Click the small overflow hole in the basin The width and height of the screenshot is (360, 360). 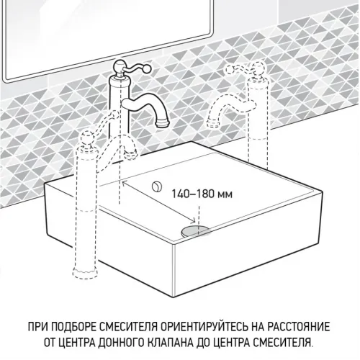[x=155, y=186]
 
